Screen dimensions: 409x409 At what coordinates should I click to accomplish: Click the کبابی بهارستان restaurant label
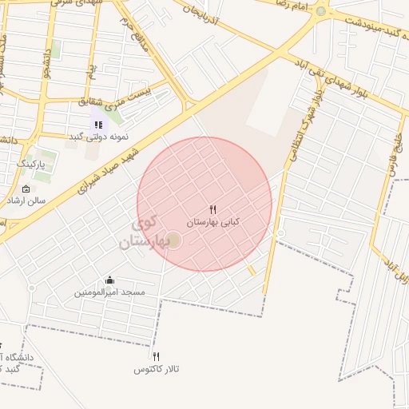coord(212,220)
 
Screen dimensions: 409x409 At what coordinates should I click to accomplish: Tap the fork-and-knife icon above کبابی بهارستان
coord(212,209)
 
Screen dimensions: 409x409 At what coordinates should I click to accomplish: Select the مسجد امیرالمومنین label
coord(110,292)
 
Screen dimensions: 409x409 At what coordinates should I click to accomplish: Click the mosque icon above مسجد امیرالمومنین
coord(109,280)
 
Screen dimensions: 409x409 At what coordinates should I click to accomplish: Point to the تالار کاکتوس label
coord(157,369)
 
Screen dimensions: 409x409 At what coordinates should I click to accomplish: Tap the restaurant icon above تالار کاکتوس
coord(157,357)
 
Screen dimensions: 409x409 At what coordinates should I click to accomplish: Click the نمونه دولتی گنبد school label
coord(98,137)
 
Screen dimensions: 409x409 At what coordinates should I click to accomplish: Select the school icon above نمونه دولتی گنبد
coord(98,125)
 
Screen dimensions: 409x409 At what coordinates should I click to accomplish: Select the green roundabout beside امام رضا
coord(321,11)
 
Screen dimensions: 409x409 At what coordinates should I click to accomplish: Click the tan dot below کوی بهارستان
coord(173,240)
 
